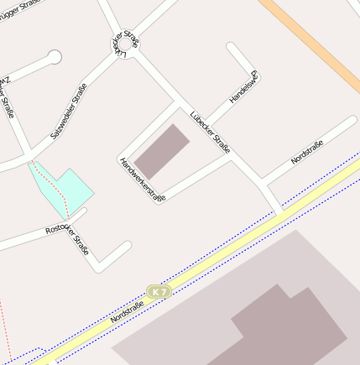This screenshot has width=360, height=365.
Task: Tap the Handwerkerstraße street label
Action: click(x=142, y=180)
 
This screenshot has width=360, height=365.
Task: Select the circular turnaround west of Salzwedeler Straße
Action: click(x=55, y=58)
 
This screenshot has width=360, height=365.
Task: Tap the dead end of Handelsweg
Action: click(x=232, y=49)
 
